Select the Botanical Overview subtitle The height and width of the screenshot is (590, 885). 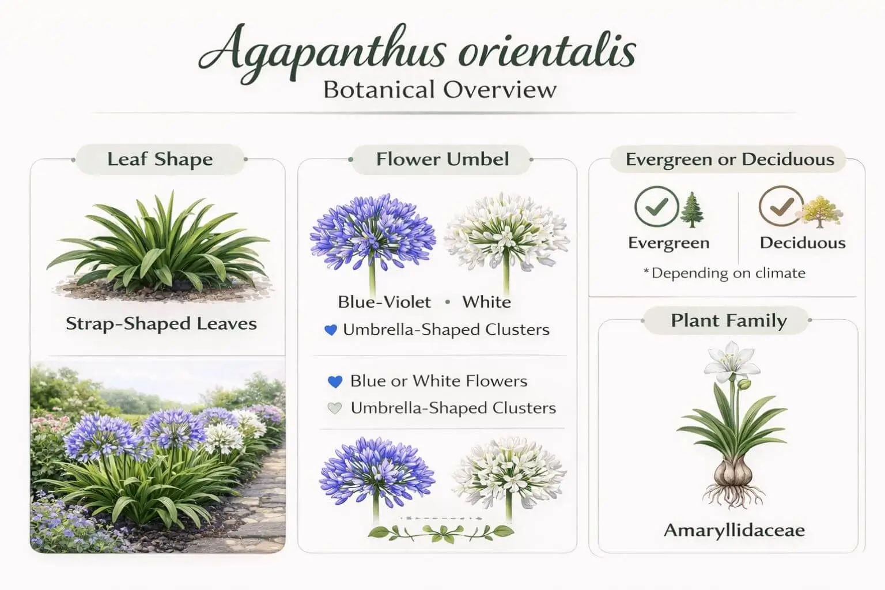(x=440, y=90)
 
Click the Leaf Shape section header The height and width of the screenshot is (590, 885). (x=160, y=159)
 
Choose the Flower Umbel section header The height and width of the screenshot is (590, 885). (x=442, y=159)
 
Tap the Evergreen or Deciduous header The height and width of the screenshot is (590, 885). (x=729, y=159)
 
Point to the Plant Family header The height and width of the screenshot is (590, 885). (x=728, y=320)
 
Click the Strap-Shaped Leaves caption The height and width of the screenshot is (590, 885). (x=161, y=324)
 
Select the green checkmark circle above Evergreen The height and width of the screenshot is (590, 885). (x=656, y=206)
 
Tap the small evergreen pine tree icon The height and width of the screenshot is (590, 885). (x=692, y=209)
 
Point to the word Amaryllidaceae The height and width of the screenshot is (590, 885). (x=734, y=530)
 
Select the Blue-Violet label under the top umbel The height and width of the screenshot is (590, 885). (x=384, y=302)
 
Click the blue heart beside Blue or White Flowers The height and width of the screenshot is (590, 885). (x=335, y=381)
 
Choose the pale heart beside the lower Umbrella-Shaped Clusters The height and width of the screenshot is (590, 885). (x=335, y=409)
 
